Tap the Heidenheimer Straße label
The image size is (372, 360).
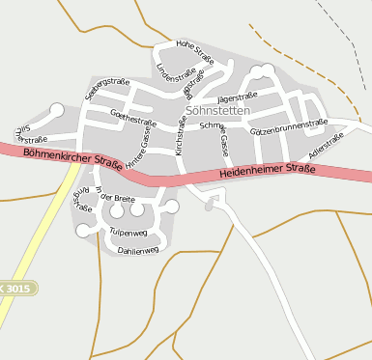268,171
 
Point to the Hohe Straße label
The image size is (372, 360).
194,50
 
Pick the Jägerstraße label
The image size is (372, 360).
237,97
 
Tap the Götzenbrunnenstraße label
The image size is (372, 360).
288,126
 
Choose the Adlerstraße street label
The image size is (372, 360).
326,146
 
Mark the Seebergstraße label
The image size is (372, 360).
106,88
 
